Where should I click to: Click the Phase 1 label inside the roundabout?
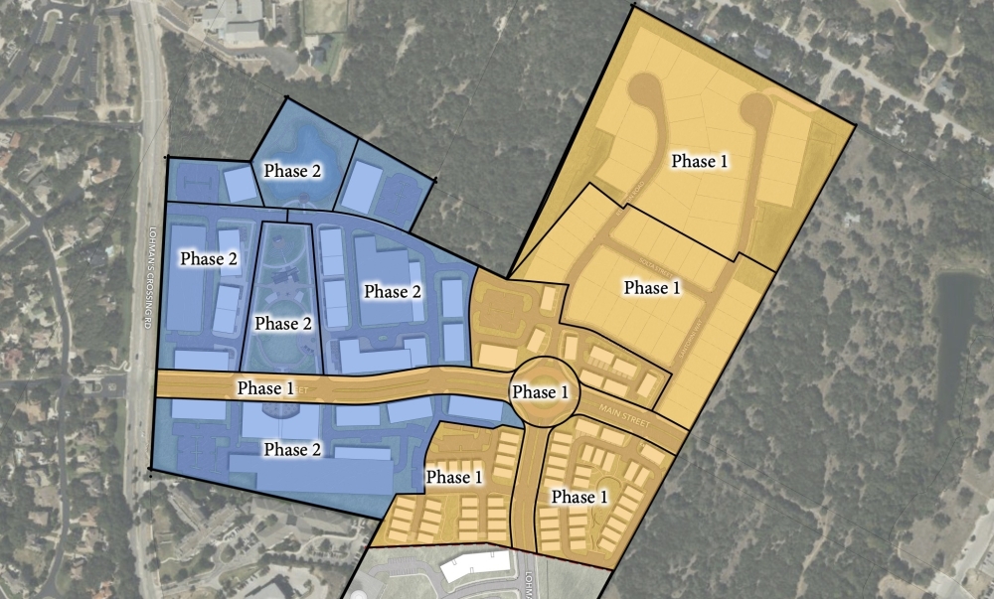pos(540,392)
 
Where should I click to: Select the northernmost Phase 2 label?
pos(292,171)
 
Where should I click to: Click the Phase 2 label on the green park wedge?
pos(284,324)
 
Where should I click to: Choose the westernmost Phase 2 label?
pos(209,258)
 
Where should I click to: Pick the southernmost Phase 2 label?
pos(292,449)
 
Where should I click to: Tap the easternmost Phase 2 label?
pos(393,291)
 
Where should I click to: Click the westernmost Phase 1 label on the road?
pos(265,387)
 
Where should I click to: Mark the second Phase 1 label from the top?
pos(651,288)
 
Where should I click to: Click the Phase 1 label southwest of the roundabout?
pos(454,477)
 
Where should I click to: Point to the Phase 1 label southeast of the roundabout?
pos(580,496)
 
